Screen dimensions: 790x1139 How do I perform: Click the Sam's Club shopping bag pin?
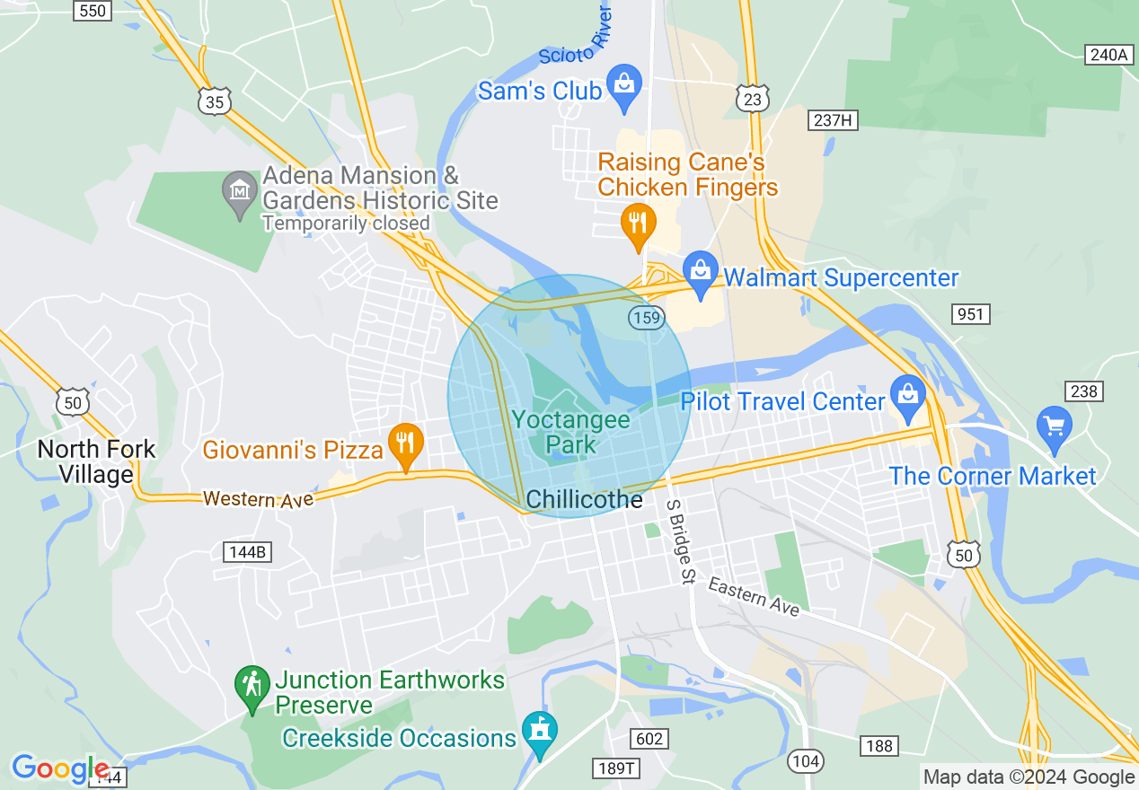coord(623,85)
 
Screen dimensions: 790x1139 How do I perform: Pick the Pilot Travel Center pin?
coord(908,395)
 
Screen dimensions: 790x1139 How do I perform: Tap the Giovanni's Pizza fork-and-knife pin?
coord(406,443)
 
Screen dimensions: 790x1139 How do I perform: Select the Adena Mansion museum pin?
coord(240,191)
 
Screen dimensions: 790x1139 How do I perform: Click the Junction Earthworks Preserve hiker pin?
coord(252,687)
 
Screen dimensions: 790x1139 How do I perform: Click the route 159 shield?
coord(646,317)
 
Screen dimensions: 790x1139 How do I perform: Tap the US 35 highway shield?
coord(215,102)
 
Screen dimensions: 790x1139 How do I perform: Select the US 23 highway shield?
coord(752,99)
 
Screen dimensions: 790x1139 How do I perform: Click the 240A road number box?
coord(1108,55)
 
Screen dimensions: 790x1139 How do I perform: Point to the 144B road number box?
coord(247,551)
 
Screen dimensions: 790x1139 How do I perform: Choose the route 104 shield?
coord(806,761)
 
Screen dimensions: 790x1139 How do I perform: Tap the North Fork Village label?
coord(96,461)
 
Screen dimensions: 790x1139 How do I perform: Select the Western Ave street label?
coord(258,498)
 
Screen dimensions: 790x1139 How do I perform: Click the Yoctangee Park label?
coord(571,432)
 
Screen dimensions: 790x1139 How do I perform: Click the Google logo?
coord(59,769)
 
